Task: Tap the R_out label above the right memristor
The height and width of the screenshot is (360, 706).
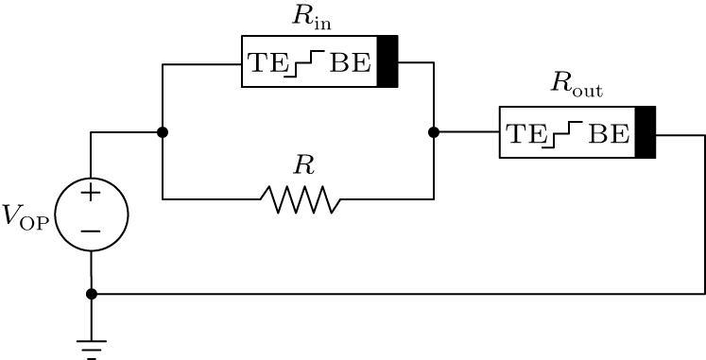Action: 576,88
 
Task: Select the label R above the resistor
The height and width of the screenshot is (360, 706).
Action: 302,165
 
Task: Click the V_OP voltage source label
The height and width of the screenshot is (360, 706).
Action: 26,216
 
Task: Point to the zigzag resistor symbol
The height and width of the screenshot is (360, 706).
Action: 301,199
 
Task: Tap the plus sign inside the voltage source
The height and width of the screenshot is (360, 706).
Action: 91,194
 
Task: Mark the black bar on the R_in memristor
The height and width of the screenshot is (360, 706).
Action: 387,61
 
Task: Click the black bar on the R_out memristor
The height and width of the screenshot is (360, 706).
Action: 646,132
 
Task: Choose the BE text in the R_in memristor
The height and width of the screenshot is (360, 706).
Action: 350,62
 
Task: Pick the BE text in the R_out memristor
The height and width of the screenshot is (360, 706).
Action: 609,133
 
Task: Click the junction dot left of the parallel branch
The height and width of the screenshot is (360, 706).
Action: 163,132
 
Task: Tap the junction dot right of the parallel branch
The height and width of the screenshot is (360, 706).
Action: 434,132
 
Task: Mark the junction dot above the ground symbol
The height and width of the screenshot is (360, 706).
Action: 91,294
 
